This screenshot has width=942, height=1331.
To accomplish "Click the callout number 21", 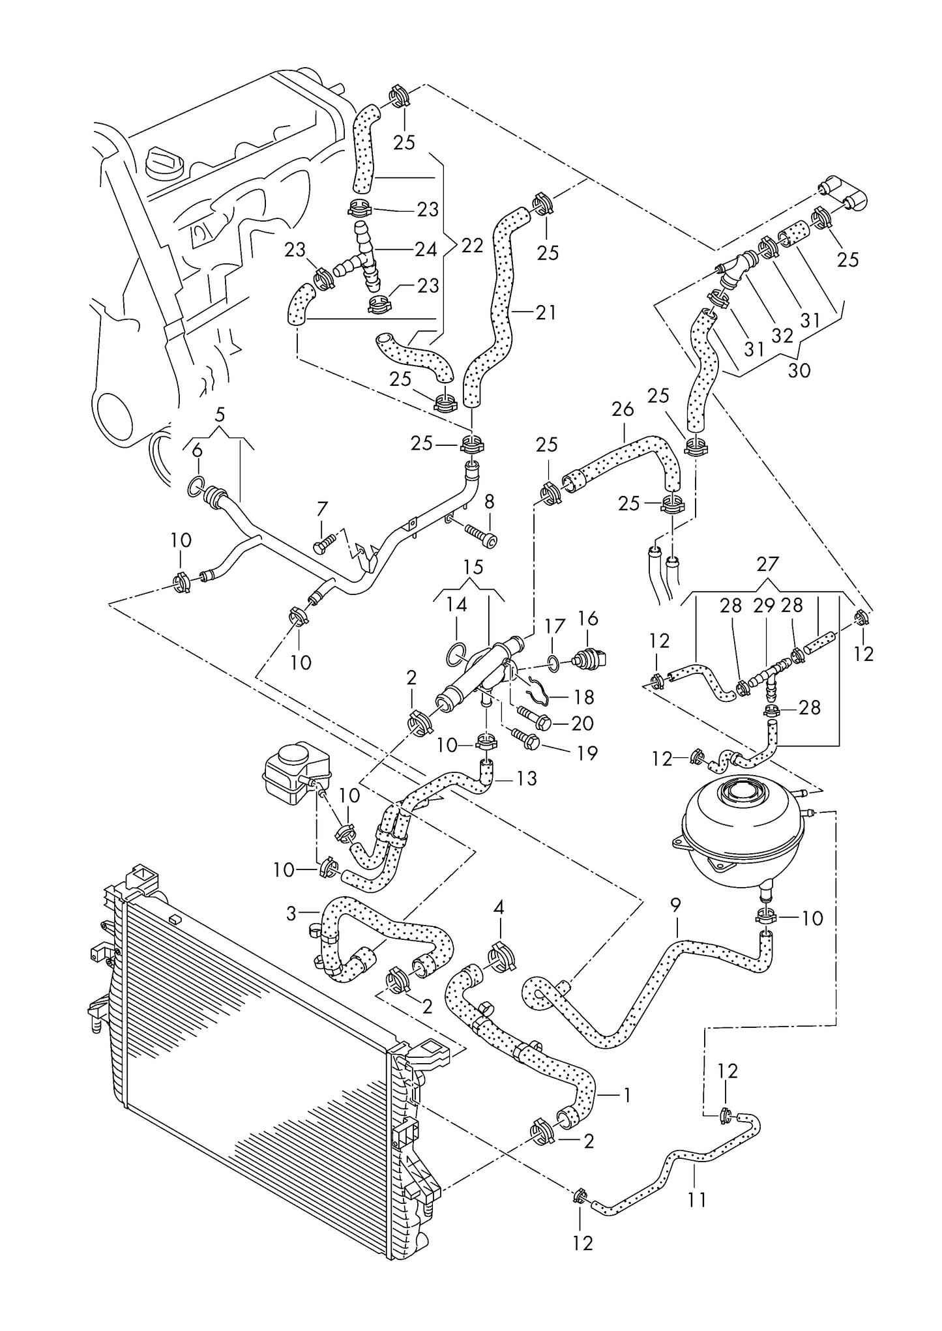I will pos(547,313).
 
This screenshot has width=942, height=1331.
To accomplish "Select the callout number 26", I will pos(623,409).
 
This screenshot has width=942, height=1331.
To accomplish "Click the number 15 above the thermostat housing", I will pos(473,567).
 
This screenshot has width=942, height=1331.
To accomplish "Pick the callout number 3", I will pos(291,914).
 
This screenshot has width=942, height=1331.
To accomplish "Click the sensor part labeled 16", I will pos(584,660).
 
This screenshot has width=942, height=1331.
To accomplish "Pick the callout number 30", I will pos(799,370).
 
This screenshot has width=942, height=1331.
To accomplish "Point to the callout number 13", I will pos(526,778).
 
